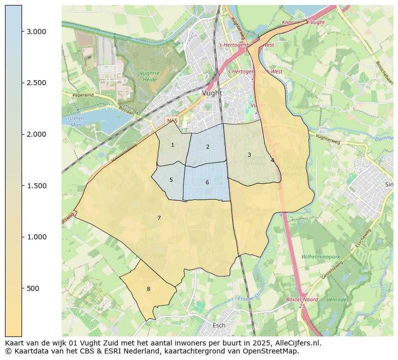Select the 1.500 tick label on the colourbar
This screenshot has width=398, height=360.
[x=36, y=186]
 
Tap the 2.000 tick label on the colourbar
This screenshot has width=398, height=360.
[x=36, y=134]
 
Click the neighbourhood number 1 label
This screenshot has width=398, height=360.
[x=172, y=145]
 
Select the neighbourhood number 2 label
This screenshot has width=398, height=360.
[x=208, y=147]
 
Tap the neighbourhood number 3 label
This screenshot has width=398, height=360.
[x=249, y=155]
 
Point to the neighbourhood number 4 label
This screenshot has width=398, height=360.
[x=272, y=161]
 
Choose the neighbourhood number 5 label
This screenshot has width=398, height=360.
[x=171, y=180]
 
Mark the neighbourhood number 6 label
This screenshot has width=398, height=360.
[x=207, y=183]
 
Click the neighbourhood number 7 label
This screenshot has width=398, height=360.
[x=159, y=218]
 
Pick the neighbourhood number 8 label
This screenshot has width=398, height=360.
[x=148, y=289]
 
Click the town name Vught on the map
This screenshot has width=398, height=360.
[x=212, y=93]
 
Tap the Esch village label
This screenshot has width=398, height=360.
[x=219, y=325]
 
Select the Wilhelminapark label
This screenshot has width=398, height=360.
[x=321, y=257]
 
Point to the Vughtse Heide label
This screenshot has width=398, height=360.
[x=149, y=76]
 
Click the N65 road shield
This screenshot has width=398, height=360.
[x=172, y=121]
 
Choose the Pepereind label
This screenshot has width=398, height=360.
[x=83, y=95]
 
